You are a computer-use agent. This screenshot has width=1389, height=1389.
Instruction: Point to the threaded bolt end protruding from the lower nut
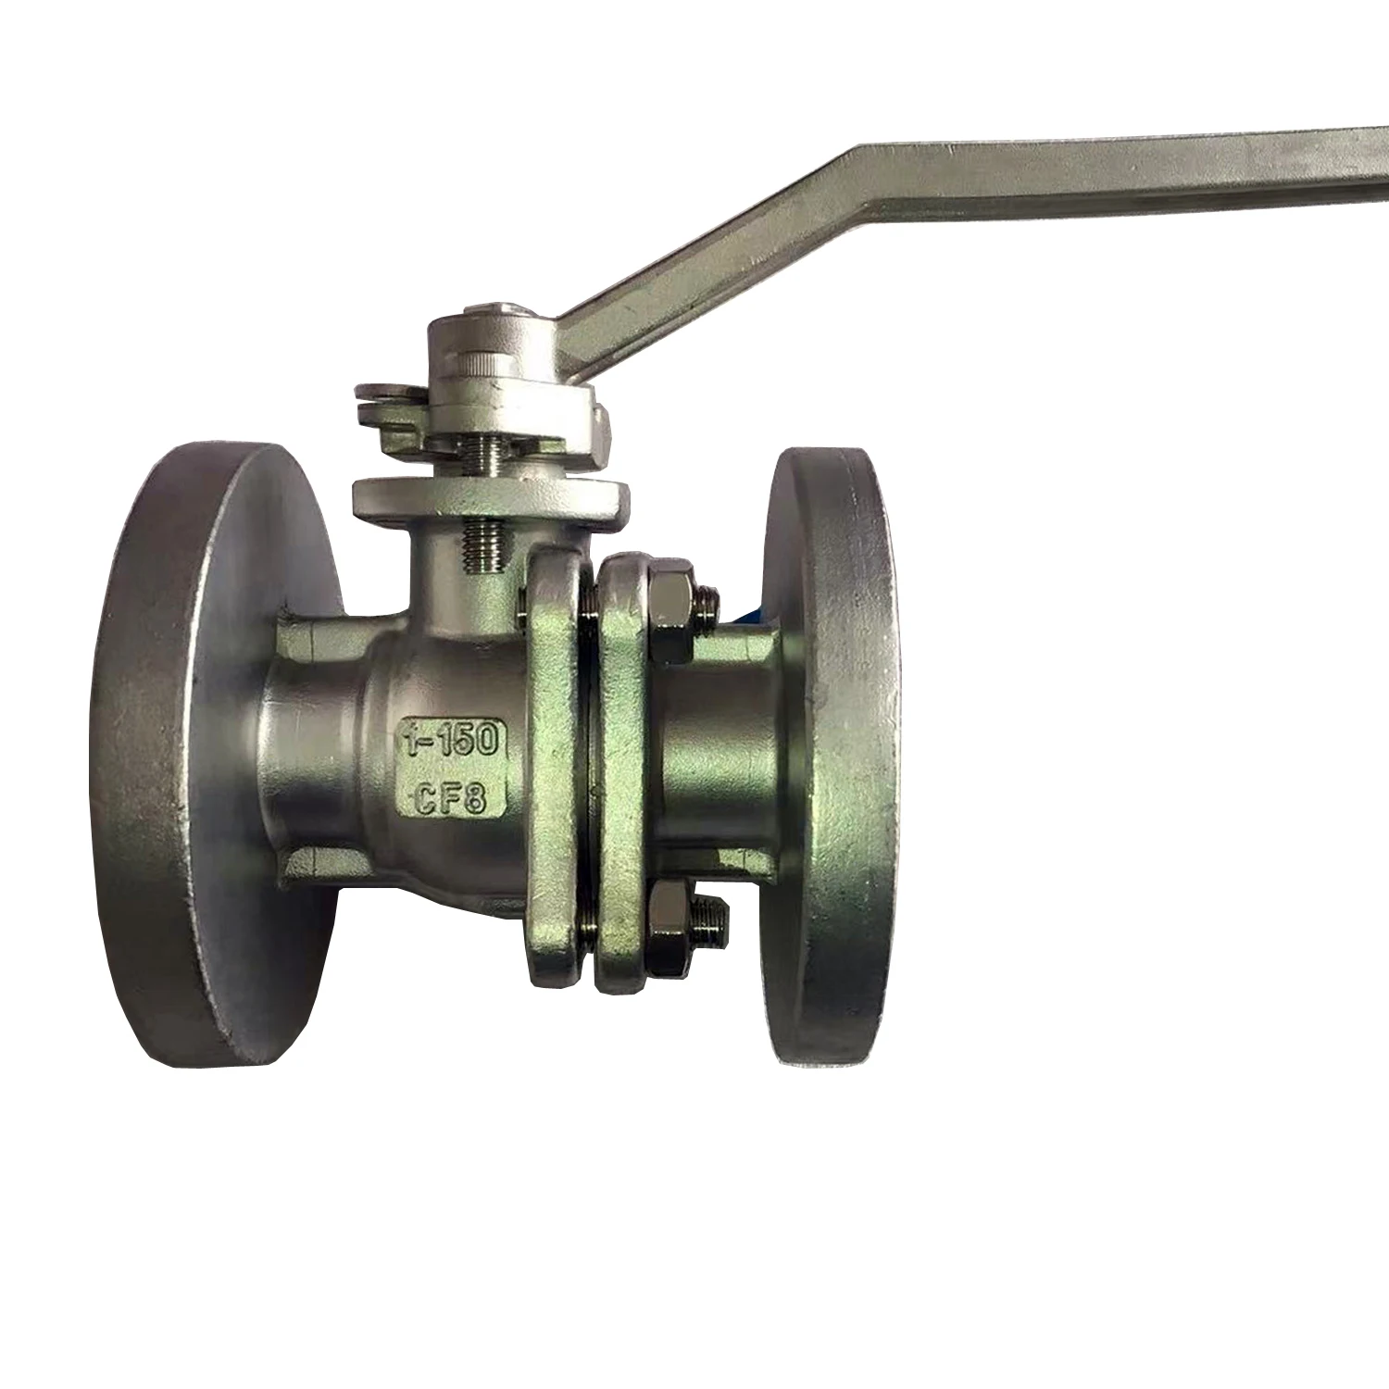tap(715, 920)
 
